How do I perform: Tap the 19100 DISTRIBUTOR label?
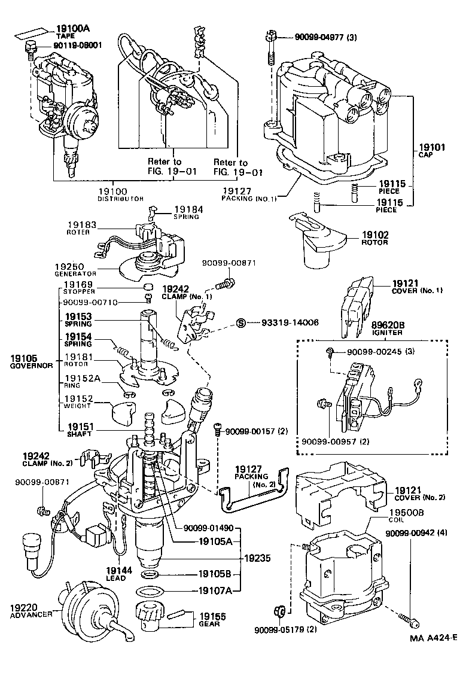pos(121,194)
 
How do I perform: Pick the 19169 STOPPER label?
pos(79,288)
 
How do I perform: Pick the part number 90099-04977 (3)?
pos(325,37)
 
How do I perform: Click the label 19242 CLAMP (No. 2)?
pos(45,458)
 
